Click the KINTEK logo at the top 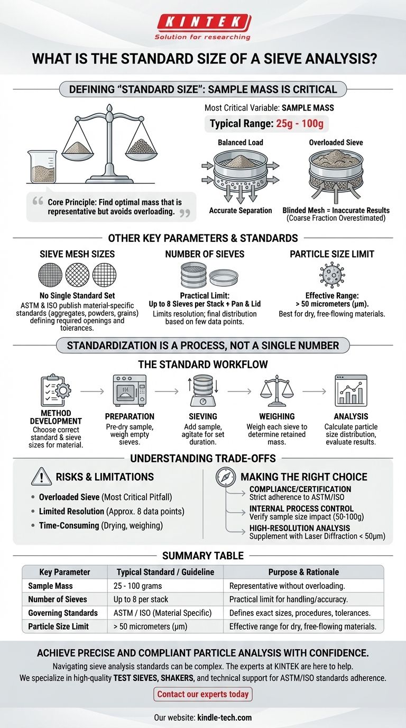(202, 22)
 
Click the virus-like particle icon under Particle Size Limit (333, 275)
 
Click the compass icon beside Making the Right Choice (225, 477)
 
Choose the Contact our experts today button (203, 694)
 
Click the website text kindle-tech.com (224, 718)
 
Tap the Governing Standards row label (62, 613)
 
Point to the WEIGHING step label (276, 416)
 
